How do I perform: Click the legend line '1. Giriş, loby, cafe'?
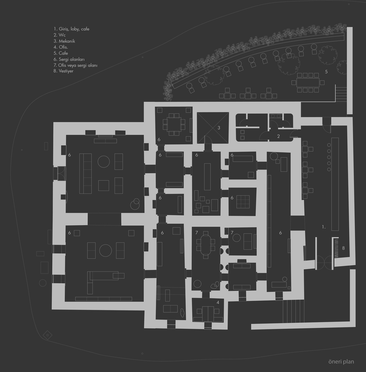[x=71, y=29]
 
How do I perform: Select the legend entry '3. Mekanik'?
[x=64, y=41]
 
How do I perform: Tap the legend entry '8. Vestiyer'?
[x=63, y=71]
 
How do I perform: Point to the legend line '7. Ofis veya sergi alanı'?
[x=75, y=65]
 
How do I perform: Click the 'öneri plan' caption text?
[x=341, y=362]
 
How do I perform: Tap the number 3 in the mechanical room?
[x=219, y=128]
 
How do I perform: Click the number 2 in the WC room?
[x=278, y=136]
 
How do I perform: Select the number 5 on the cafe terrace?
[x=326, y=72]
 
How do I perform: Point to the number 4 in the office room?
[x=218, y=303]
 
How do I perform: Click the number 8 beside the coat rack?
[x=343, y=248]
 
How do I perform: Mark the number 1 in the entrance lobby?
[x=323, y=227]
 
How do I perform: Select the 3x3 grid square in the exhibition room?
[x=243, y=202]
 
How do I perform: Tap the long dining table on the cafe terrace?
[x=308, y=83]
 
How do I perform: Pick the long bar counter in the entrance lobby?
[x=335, y=184]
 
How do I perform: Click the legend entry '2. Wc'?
[x=59, y=35]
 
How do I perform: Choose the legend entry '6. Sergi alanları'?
[x=69, y=59]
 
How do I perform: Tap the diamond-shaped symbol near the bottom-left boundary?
[x=48, y=335]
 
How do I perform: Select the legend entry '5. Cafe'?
[x=61, y=53]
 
